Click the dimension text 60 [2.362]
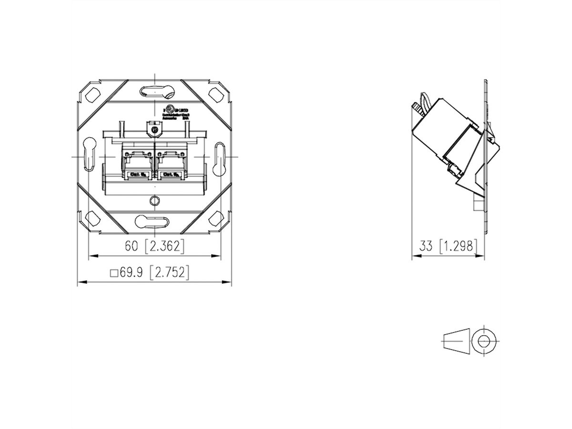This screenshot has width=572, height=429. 154,246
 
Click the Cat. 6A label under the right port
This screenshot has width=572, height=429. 170,175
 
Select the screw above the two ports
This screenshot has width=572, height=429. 154,129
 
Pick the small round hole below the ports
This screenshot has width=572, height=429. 154,200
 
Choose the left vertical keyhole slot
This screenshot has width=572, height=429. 89,155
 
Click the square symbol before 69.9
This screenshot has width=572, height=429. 113,274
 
